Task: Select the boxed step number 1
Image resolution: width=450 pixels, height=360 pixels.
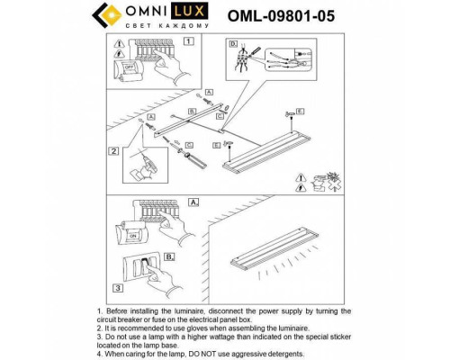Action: tap(188, 41)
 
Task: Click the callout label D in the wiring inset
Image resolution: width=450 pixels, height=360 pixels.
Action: tap(231, 43)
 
